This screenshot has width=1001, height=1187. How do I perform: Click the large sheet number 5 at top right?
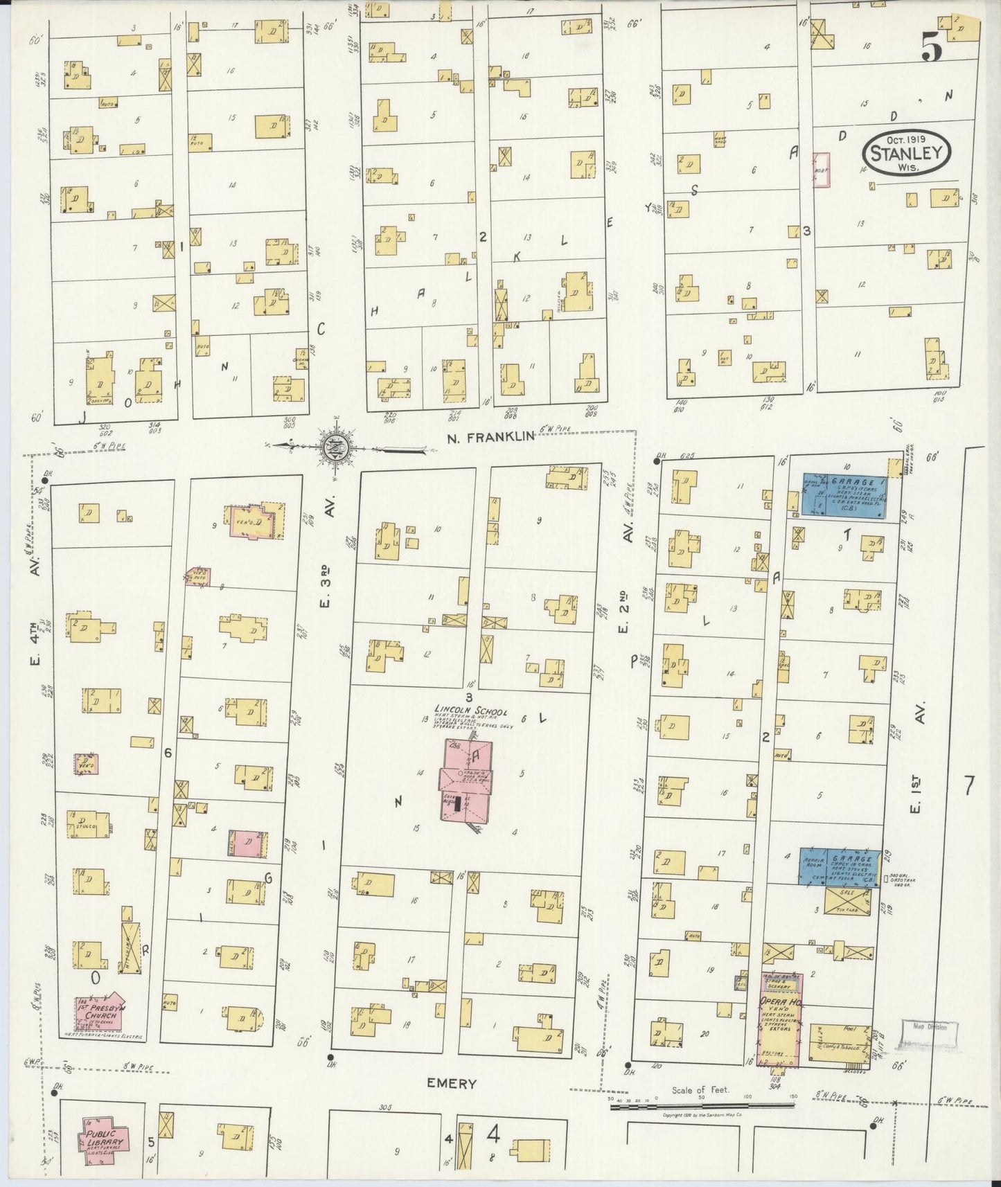pyautogui.click(x=930, y=48)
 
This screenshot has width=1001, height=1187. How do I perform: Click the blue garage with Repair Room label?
pyautogui.click(x=840, y=866)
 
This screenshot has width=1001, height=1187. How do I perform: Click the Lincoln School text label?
pyautogui.click(x=471, y=712)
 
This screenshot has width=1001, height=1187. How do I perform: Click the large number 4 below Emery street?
pyautogui.click(x=493, y=1134)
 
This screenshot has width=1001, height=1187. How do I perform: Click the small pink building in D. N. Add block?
pyautogui.click(x=822, y=170)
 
